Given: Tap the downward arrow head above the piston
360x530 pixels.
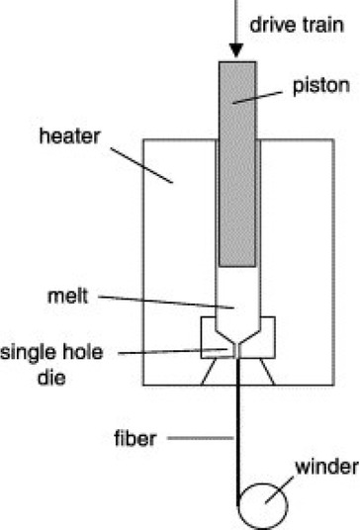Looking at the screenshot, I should (x=237, y=49).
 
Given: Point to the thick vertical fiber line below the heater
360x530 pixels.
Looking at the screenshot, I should (x=237, y=435).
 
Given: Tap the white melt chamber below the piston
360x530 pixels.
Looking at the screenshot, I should (x=237, y=287).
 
